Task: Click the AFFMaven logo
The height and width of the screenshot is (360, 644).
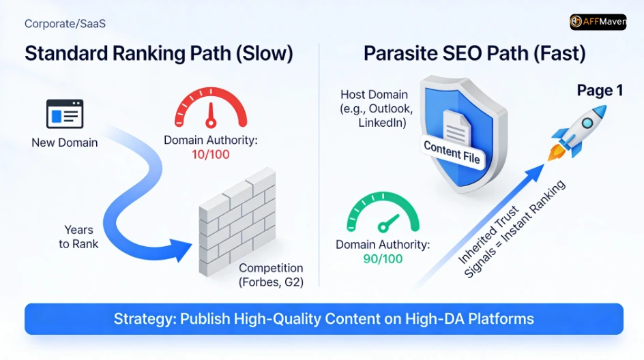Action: (x=598, y=22)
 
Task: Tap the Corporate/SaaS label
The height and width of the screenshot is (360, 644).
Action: (x=65, y=24)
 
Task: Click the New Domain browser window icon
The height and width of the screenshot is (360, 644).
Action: (x=65, y=114)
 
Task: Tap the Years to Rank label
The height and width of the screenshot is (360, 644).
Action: (x=78, y=237)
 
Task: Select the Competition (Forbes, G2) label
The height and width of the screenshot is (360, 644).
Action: (x=271, y=275)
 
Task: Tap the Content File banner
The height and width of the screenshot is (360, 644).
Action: (x=452, y=152)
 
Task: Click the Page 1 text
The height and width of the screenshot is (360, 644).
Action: (x=600, y=91)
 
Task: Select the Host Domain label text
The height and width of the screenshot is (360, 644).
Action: (x=374, y=109)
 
